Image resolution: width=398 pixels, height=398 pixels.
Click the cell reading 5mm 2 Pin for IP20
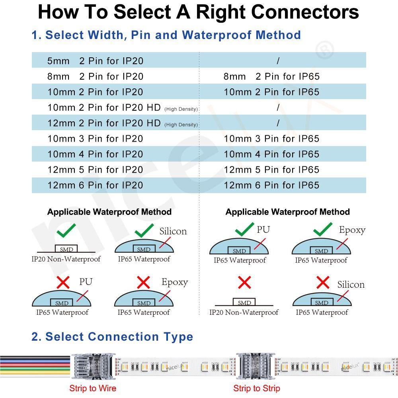click(95, 61)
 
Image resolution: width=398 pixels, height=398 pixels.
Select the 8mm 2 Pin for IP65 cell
click(271, 76)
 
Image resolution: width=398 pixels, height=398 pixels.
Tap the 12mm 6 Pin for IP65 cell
click(271, 185)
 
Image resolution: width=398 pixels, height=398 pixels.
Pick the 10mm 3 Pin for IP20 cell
click(95, 139)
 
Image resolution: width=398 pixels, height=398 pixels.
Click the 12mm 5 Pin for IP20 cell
click(95, 170)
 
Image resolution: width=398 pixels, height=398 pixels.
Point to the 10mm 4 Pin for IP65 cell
click(271, 154)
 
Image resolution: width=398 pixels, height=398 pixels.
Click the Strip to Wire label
click(93, 388)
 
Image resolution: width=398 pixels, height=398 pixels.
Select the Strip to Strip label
click(257, 388)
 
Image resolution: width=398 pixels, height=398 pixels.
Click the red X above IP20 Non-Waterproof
click(244, 283)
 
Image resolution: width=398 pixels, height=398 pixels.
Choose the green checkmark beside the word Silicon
click(144, 230)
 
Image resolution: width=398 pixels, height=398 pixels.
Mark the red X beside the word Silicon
click(322, 283)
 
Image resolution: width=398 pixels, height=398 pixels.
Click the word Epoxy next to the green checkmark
click(352, 230)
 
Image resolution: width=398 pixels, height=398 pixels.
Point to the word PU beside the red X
click(86, 282)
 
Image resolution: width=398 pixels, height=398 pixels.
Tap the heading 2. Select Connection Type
click(112, 337)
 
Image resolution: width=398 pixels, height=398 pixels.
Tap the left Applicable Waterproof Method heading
click(109, 212)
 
